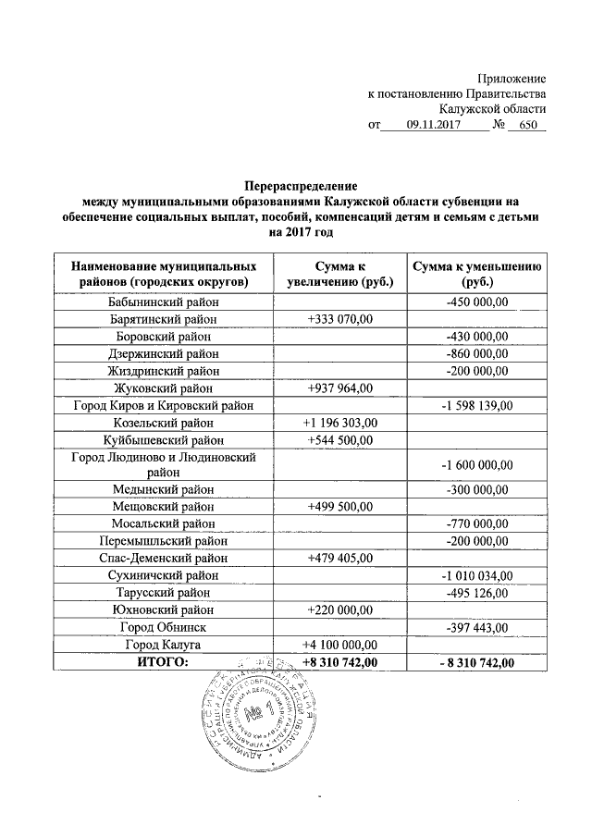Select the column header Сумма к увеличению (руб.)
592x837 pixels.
tap(339, 273)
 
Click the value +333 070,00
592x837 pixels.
tap(339, 319)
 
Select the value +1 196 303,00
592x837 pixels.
tap(339, 423)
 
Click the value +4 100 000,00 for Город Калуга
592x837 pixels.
tap(339, 645)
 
